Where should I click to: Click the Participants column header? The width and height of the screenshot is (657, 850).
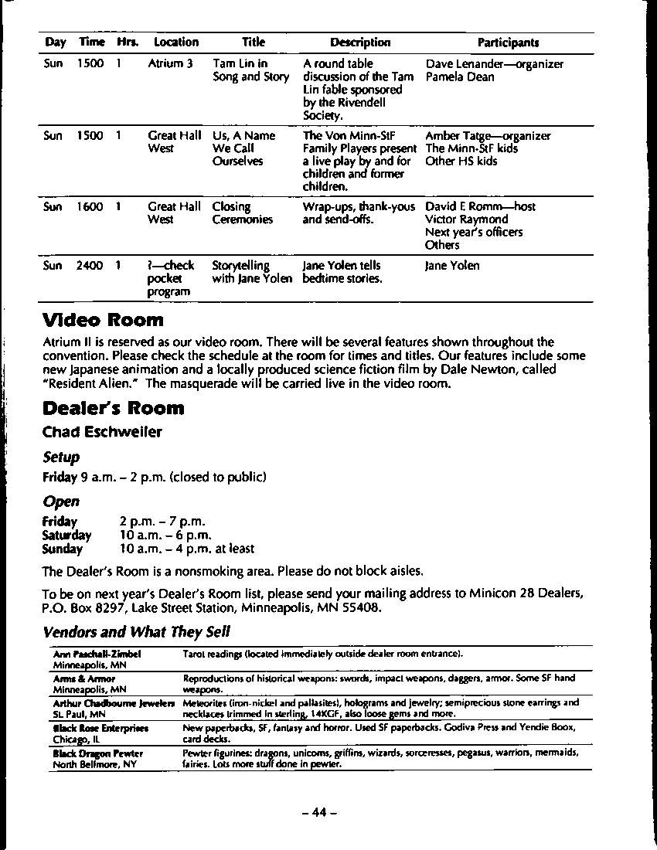click(x=508, y=42)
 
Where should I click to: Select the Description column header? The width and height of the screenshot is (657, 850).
click(x=360, y=42)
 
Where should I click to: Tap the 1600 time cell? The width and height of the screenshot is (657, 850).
click(x=90, y=207)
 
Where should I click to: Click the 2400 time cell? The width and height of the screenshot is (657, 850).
click(x=90, y=266)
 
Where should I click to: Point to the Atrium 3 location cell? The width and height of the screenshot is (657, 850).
click(x=170, y=64)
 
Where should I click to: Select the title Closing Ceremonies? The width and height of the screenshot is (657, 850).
click(x=243, y=213)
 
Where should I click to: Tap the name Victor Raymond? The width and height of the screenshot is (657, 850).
click(x=467, y=219)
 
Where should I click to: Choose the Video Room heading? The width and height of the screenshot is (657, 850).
click(x=103, y=320)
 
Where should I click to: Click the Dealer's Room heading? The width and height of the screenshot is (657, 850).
click(x=114, y=408)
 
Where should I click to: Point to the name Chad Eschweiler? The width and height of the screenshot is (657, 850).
click(x=102, y=432)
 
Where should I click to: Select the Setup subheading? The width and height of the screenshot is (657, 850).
click(x=61, y=457)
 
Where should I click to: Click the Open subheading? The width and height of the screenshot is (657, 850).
click(x=61, y=501)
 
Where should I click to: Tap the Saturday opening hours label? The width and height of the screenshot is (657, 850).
click(x=66, y=535)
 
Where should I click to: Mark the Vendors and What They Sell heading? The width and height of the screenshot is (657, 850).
click(x=137, y=632)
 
